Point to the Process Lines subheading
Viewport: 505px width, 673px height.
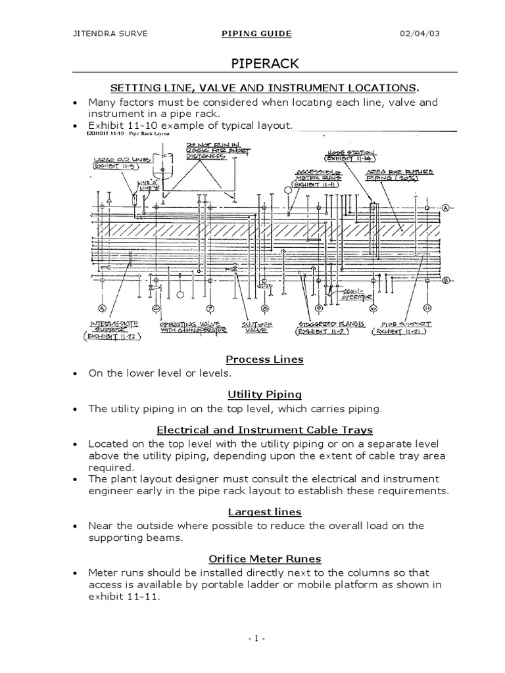(264, 359)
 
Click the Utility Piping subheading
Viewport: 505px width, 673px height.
(264, 394)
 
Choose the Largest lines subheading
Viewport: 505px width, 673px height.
(264, 511)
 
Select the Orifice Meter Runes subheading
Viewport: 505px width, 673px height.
(264, 559)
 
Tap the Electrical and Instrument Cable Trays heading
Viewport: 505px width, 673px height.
(264, 430)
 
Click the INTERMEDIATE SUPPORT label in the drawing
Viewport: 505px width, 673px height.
(113, 328)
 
